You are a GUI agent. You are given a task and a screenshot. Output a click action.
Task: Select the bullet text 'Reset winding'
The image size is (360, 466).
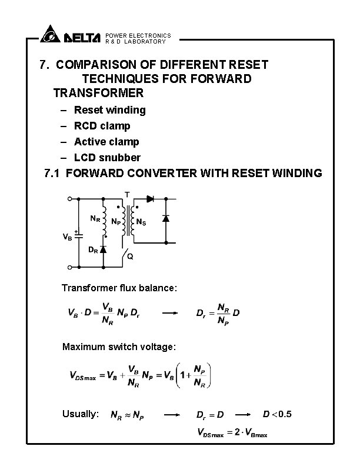[x=109, y=110]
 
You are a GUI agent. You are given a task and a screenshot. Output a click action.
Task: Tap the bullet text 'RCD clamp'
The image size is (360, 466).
[x=102, y=126]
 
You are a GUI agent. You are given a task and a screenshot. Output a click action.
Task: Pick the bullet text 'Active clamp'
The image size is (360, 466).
[x=106, y=142]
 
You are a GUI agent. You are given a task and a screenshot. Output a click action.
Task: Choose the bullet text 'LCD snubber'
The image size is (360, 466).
[x=107, y=158]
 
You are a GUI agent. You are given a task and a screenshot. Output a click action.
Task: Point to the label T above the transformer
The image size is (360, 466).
[x=126, y=194]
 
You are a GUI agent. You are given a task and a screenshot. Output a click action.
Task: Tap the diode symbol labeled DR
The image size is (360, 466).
[x=104, y=249]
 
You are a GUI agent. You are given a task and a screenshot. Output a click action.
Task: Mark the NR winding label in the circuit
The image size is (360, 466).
[x=94, y=218]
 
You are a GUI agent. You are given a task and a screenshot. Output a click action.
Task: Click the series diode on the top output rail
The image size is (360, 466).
[x=150, y=199]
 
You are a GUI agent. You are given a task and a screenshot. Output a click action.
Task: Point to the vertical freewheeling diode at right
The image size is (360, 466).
[x=166, y=218]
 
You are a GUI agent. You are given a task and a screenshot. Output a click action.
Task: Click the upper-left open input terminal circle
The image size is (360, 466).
[x=69, y=199]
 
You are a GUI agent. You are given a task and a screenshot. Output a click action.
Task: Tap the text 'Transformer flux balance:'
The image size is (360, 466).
[x=119, y=288]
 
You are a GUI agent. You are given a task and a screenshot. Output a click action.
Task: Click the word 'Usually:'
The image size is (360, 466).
[x=80, y=414]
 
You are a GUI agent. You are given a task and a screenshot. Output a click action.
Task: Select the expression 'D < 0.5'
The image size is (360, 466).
[x=277, y=414]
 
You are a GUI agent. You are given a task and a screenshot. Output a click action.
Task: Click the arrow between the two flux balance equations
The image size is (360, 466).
[x=170, y=314]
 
